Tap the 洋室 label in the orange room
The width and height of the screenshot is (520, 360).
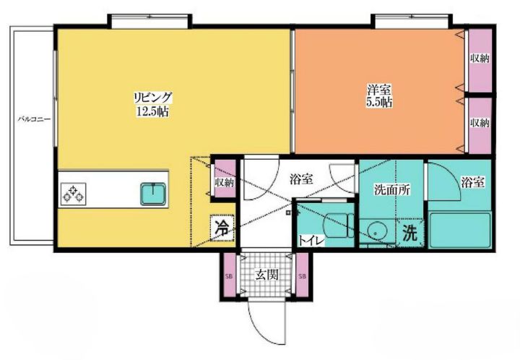click(x=378, y=90)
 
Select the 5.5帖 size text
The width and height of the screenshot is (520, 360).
click(x=378, y=103)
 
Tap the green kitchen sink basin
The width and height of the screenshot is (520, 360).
click(x=153, y=193)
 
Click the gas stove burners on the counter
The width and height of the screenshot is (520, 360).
click(x=74, y=193)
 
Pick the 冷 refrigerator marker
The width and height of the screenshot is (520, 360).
click(x=222, y=226)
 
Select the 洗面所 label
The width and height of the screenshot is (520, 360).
click(x=392, y=190)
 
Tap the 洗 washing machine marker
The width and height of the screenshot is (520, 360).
click(x=409, y=233)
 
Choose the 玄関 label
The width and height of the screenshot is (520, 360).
click(x=267, y=275)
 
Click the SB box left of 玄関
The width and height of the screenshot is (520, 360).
click(x=230, y=277)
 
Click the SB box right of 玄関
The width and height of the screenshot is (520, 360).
click(x=302, y=277)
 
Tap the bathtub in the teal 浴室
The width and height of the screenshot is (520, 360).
click(x=460, y=230)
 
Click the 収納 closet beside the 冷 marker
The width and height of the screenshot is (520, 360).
click(x=223, y=181)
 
